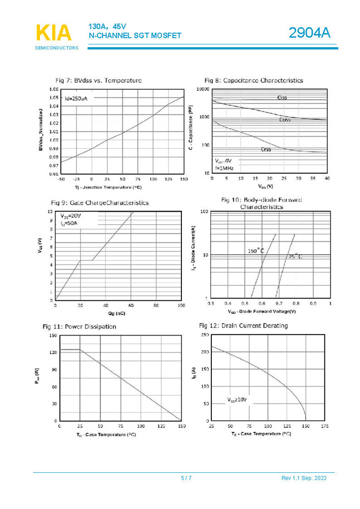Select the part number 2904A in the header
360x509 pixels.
click(x=309, y=34)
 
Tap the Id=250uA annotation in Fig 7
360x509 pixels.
click(x=76, y=98)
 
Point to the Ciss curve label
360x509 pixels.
click(x=282, y=98)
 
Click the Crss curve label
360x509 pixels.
click(x=266, y=149)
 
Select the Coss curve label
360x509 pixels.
click(x=285, y=119)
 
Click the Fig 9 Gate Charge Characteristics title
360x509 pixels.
click(x=99, y=203)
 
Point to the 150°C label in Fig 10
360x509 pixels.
click(x=256, y=251)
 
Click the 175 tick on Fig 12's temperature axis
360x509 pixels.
click(x=324, y=426)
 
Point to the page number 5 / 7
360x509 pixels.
click(x=186, y=478)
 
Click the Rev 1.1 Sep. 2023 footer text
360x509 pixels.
click(x=304, y=478)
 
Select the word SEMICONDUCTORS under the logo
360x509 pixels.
click(x=57, y=48)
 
